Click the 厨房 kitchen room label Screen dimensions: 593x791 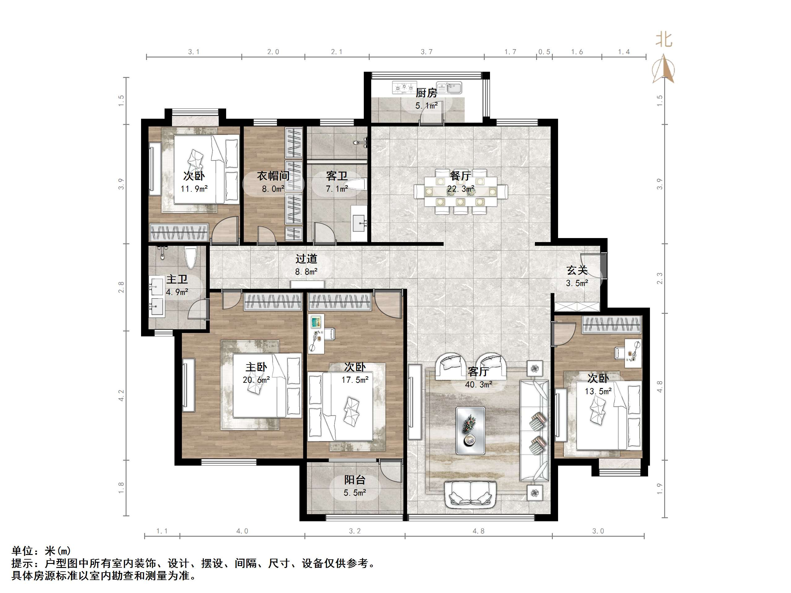point(426,93)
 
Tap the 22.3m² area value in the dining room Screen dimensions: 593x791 point(461,189)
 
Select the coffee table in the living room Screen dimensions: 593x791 point(470,430)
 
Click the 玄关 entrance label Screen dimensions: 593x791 point(577,270)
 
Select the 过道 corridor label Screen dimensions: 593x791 point(306,258)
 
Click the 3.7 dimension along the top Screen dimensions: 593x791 point(426,52)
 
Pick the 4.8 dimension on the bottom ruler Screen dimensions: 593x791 point(479,531)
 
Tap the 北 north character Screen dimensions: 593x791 point(664,40)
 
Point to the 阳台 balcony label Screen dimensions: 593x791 point(355,480)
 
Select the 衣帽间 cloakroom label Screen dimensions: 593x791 point(273,176)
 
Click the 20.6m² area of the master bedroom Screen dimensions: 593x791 point(256,380)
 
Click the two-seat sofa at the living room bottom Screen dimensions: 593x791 point(470,495)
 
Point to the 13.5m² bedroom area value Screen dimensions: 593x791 point(598,391)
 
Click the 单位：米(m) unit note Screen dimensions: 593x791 point(41,550)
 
